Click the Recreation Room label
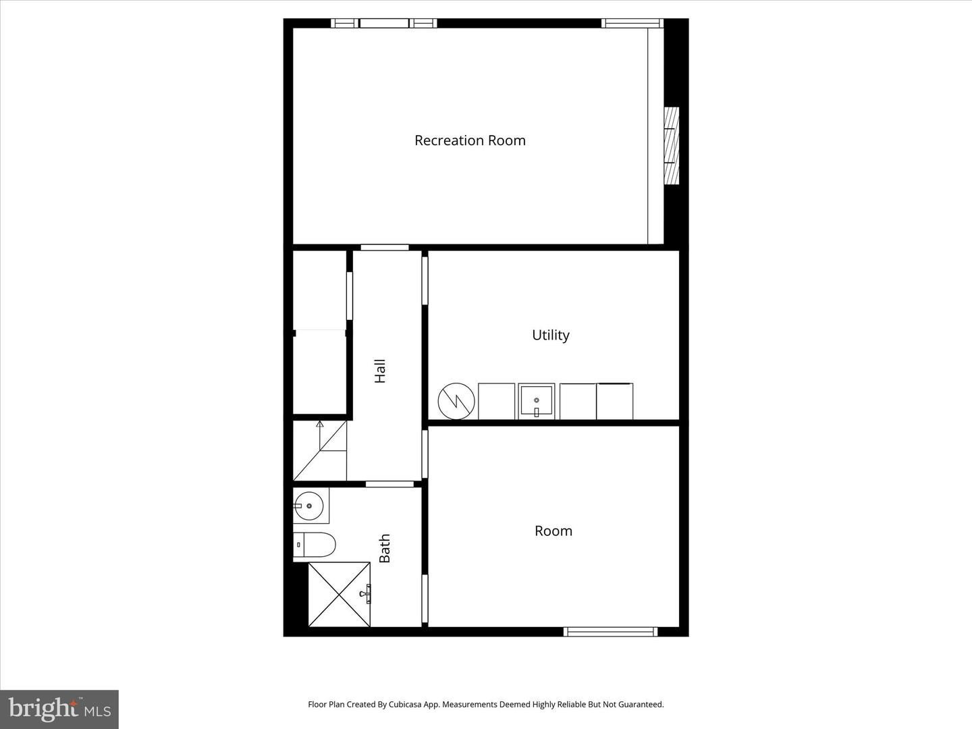(470, 140)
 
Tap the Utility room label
(551, 335)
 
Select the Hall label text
(380, 371)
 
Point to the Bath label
(385, 548)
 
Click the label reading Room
(553, 531)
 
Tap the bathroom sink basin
(310, 505)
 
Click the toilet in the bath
(315, 544)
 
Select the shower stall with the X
(339, 594)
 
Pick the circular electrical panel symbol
(456, 402)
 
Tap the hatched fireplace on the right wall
(671, 146)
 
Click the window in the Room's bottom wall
(610, 632)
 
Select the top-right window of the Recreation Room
(632, 23)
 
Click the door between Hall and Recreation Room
(385, 248)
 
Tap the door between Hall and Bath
(389, 484)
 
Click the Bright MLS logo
(59, 709)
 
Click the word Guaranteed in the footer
(642, 704)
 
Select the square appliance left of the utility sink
(496, 402)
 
